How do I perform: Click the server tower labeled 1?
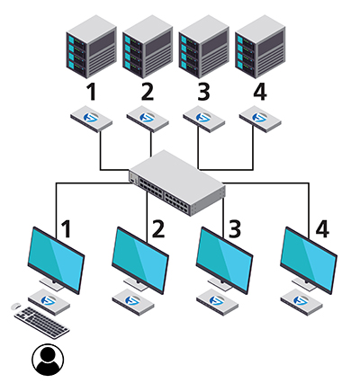point(92,47)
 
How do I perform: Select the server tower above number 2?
point(148,47)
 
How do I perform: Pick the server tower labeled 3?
point(204,47)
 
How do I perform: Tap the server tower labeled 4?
point(260,47)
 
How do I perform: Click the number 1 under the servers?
point(92,92)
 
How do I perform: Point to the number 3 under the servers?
point(203,92)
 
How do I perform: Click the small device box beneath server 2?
point(148,119)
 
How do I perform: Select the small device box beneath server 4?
point(260,119)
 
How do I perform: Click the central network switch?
point(177,183)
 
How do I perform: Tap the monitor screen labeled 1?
point(56,260)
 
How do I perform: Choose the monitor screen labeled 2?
point(140,260)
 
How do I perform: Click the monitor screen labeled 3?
point(225,260)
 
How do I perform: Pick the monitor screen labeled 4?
point(309,260)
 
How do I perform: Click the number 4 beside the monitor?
point(322,229)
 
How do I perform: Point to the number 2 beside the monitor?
point(158,229)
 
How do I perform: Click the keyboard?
point(42,323)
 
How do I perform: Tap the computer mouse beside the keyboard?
point(16,307)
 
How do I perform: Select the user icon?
point(48,360)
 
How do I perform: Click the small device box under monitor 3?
point(218,302)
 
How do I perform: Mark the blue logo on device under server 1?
point(91,117)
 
